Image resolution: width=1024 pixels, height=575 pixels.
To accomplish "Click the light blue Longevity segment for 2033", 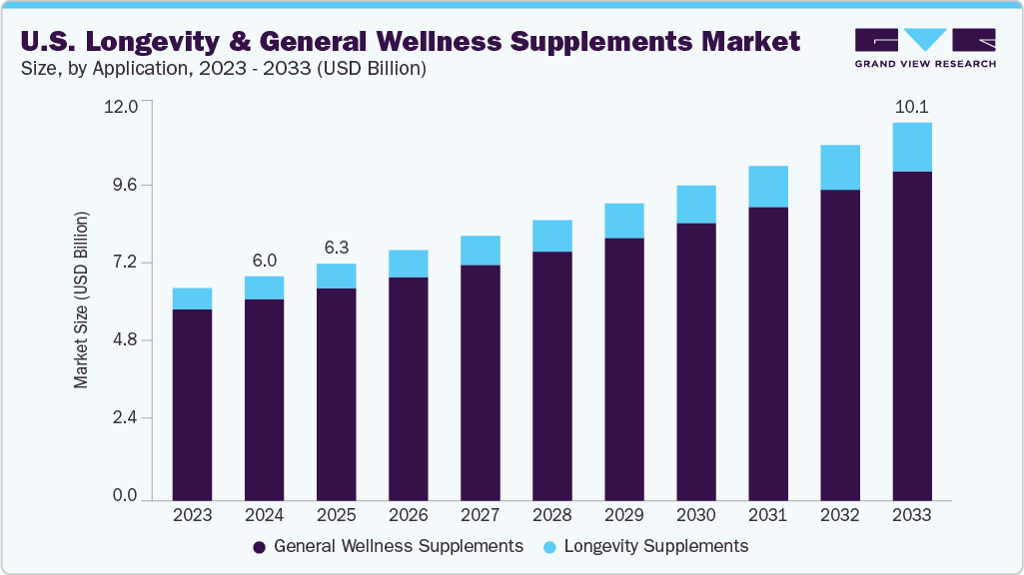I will [912, 147].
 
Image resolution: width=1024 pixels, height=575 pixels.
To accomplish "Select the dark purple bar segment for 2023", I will [192, 404].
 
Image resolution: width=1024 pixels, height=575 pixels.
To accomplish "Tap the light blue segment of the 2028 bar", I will [552, 236].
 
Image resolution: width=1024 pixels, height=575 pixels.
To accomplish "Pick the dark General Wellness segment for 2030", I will [696, 361].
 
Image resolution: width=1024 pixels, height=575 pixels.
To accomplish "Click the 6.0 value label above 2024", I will [264, 261].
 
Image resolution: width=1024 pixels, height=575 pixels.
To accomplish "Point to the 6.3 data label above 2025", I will [336, 248].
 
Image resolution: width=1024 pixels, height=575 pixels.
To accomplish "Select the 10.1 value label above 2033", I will [912, 107].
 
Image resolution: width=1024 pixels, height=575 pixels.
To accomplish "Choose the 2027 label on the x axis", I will [481, 516].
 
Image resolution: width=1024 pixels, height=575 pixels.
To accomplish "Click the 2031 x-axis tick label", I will [768, 516].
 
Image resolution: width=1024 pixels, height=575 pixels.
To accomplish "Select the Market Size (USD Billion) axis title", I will [82, 299].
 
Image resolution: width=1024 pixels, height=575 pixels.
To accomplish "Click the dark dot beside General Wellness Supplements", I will [259, 547].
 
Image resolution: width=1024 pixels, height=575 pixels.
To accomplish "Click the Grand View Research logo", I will [925, 48].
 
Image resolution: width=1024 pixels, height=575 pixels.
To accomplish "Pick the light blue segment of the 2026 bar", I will [409, 264].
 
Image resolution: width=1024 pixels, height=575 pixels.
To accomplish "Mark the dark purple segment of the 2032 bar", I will [840, 344].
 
